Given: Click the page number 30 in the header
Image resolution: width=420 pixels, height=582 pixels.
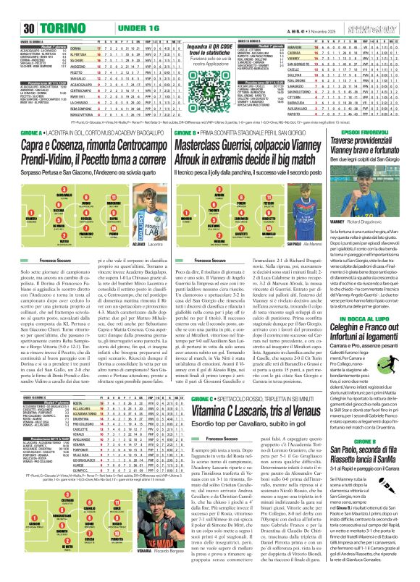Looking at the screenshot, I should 9,8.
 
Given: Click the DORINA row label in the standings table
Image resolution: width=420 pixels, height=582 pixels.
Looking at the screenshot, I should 80,44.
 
